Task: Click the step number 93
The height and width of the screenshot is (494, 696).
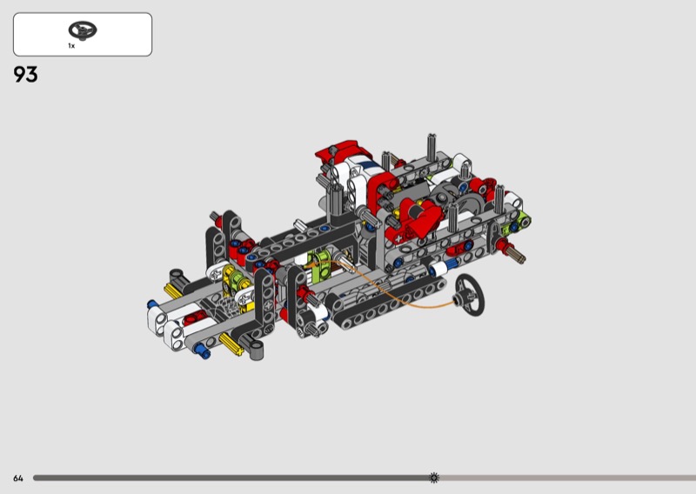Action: tap(25, 74)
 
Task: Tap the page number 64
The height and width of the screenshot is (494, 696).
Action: tap(17, 478)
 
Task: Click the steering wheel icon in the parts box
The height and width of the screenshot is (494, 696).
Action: tap(83, 30)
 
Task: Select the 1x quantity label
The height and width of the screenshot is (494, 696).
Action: tap(71, 46)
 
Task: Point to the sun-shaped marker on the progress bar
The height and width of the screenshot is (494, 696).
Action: tap(434, 477)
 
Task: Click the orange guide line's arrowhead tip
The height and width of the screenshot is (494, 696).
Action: tap(310, 264)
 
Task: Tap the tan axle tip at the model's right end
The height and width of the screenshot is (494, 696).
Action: tap(519, 256)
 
